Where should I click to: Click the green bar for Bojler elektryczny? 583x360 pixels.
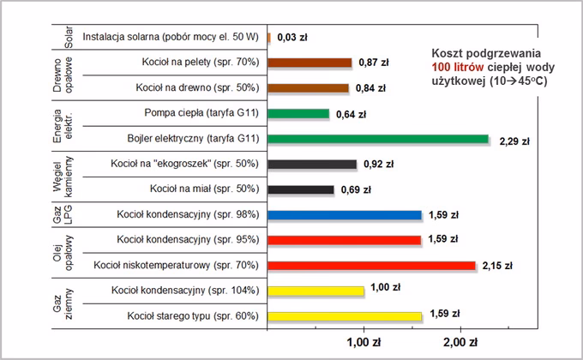click(x=378, y=139)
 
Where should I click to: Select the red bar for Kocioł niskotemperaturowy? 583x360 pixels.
click(x=371, y=266)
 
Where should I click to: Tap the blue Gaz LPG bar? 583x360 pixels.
click(x=345, y=215)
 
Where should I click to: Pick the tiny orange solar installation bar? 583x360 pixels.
click(x=269, y=38)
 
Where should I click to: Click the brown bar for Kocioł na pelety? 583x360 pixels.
click(x=310, y=63)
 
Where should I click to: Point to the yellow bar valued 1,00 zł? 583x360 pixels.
click(x=316, y=291)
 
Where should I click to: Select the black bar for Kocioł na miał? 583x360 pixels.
click(x=301, y=189)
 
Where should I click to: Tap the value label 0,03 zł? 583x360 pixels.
click(x=291, y=38)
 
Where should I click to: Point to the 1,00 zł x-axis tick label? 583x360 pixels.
click(x=364, y=344)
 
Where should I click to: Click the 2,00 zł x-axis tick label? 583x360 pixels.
click(x=460, y=344)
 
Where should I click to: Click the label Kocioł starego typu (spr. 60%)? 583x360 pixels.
click(x=192, y=316)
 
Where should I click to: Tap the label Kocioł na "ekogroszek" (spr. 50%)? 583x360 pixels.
click(x=184, y=164)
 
